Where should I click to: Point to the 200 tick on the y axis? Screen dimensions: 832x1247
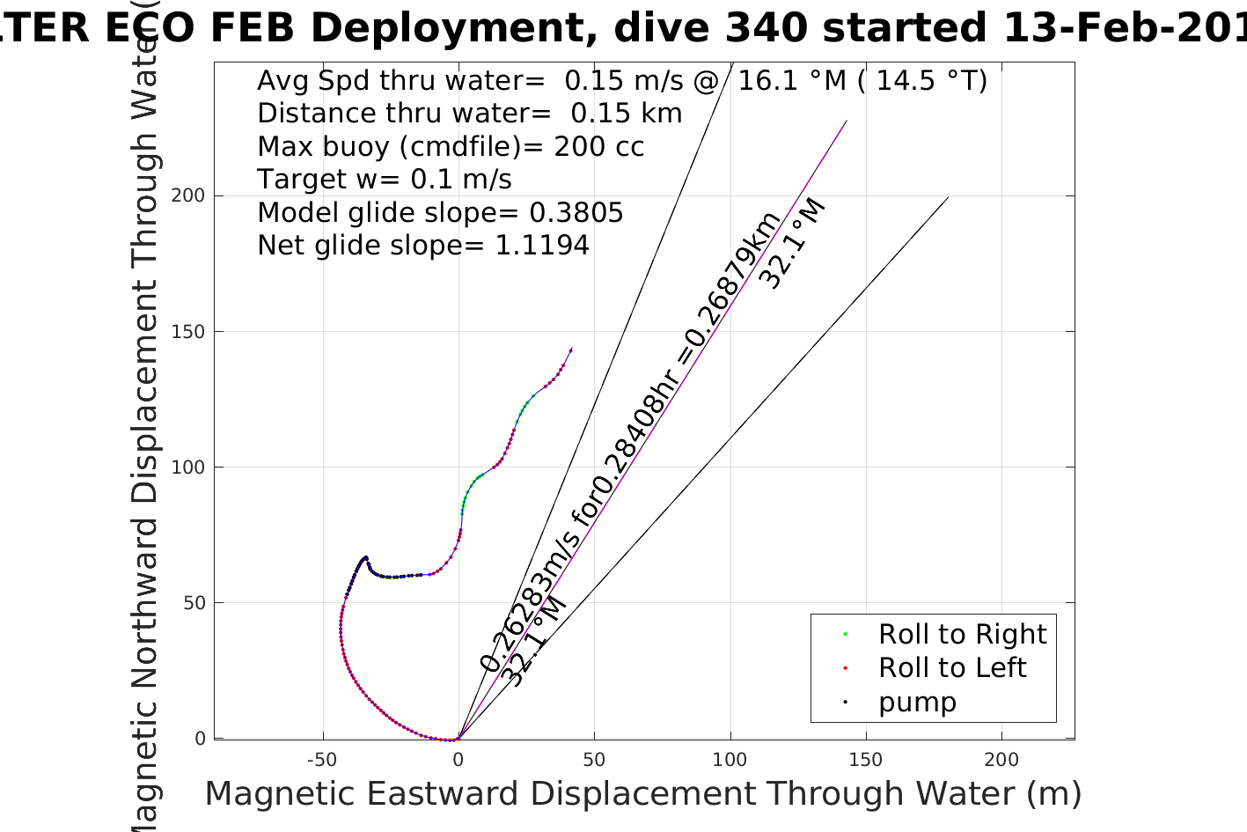(x=187, y=195)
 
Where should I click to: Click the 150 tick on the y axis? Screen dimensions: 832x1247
(x=187, y=332)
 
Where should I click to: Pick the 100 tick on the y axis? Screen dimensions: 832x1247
(x=187, y=468)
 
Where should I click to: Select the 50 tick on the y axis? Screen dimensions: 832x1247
(x=193, y=603)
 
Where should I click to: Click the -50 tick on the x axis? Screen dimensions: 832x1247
(x=322, y=760)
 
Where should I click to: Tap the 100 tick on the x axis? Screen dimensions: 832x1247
(x=730, y=760)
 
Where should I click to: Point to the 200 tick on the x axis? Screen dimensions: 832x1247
(x=1001, y=760)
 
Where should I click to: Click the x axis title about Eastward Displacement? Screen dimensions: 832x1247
(x=642, y=794)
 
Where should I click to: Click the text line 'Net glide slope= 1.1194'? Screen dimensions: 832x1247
(x=422, y=246)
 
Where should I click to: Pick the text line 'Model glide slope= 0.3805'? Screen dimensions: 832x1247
(x=440, y=213)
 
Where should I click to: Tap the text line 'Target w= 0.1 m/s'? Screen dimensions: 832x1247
(x=384, y=180)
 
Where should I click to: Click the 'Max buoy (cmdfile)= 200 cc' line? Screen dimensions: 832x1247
(x=451, y=147)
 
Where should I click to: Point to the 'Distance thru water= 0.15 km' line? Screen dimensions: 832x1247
(x=469, y=114)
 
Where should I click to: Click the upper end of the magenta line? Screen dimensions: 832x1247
(x=847, y=121)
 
